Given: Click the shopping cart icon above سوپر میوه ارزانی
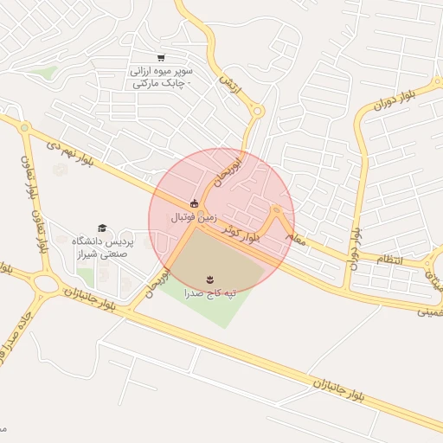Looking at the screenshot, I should pos(161,57).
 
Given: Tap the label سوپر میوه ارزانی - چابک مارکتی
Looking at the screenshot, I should pos(162,76).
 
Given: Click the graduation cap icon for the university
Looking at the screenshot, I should pos(102,228).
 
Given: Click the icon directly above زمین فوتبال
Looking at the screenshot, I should pos(194,204).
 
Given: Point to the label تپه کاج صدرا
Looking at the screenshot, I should pos(209,293).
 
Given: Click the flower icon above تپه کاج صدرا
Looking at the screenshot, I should pos(209,278).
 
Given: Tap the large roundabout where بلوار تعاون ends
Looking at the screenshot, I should pos(42,282).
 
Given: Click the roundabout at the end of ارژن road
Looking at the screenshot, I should pos(256,110).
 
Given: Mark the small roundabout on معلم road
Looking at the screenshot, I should pos(276,209).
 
